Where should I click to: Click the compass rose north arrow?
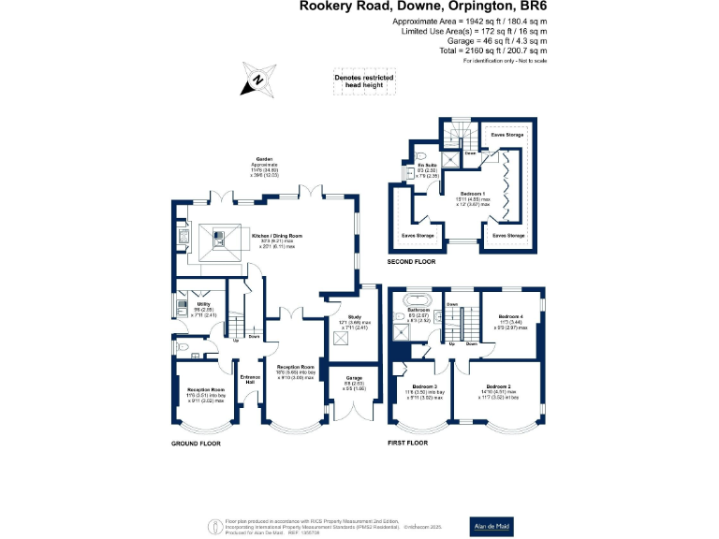point(257,80)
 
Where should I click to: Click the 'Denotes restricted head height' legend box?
point(364,80)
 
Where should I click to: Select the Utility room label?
point(203,304)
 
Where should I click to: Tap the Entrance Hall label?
point(249,379)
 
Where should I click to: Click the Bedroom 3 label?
point(424,386)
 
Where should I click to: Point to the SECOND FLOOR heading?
point(412,263)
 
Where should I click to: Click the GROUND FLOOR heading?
point(195,443)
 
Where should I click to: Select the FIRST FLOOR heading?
point(407,442)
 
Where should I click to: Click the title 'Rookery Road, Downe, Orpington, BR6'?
point(423,7)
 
